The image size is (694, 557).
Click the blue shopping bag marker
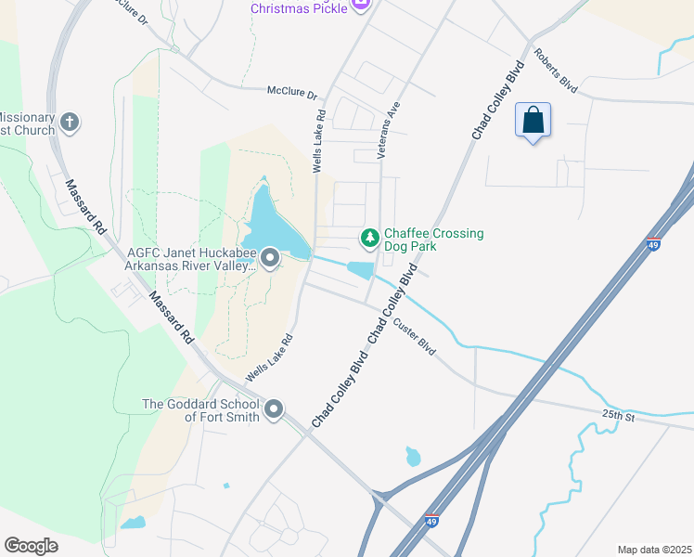coord(533,121)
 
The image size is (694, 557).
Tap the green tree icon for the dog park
coord(370,239)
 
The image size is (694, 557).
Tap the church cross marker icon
coord(70,123)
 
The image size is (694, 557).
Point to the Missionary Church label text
coord(26,123)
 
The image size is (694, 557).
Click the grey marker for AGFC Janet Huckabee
coord(270,257)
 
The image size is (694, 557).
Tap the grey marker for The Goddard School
coord(274,409)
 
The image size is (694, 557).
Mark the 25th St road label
coord(617,415)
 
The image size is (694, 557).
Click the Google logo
coord(31,545)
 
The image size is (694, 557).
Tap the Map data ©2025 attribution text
coord(654,550)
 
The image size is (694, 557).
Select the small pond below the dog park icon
coord(359,269)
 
